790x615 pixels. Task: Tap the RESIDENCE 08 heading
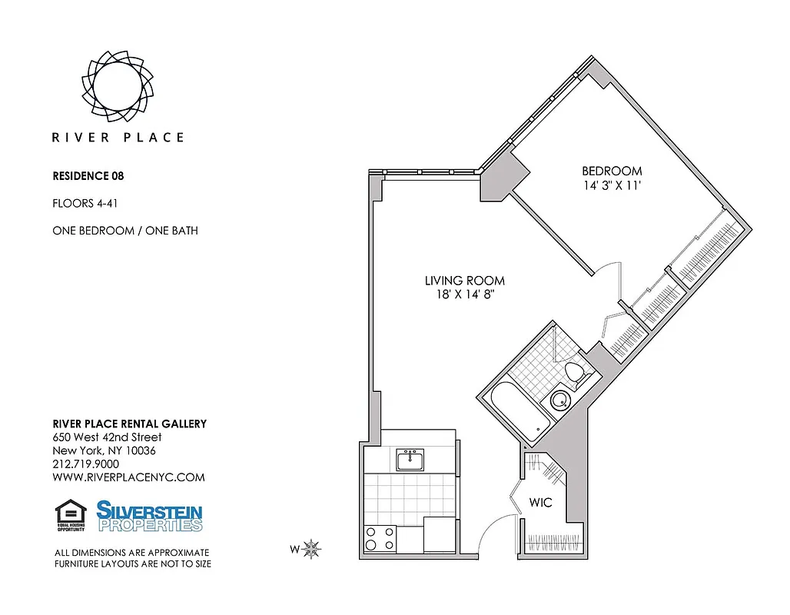(88, 176)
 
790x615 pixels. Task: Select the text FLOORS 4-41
(85, 204)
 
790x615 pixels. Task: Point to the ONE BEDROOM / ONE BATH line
(124, 231)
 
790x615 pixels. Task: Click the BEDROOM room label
(612, 171)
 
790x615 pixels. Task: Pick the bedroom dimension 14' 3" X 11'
(612, 185)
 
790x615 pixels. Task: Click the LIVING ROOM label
(465, 281)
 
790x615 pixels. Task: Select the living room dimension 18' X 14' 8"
(465, 296)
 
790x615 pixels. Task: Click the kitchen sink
(410, 460)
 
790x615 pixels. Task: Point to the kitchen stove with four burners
(380, 537)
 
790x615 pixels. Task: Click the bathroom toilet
(575, 373)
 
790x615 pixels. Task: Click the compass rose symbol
(311, 549)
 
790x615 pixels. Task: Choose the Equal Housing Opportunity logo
(71, 516)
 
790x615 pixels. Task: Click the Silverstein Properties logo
(149, 516)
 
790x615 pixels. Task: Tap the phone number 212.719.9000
(85, 464)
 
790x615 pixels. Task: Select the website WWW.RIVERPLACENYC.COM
(128, 477)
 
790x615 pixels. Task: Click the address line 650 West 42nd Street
(107, 437)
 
